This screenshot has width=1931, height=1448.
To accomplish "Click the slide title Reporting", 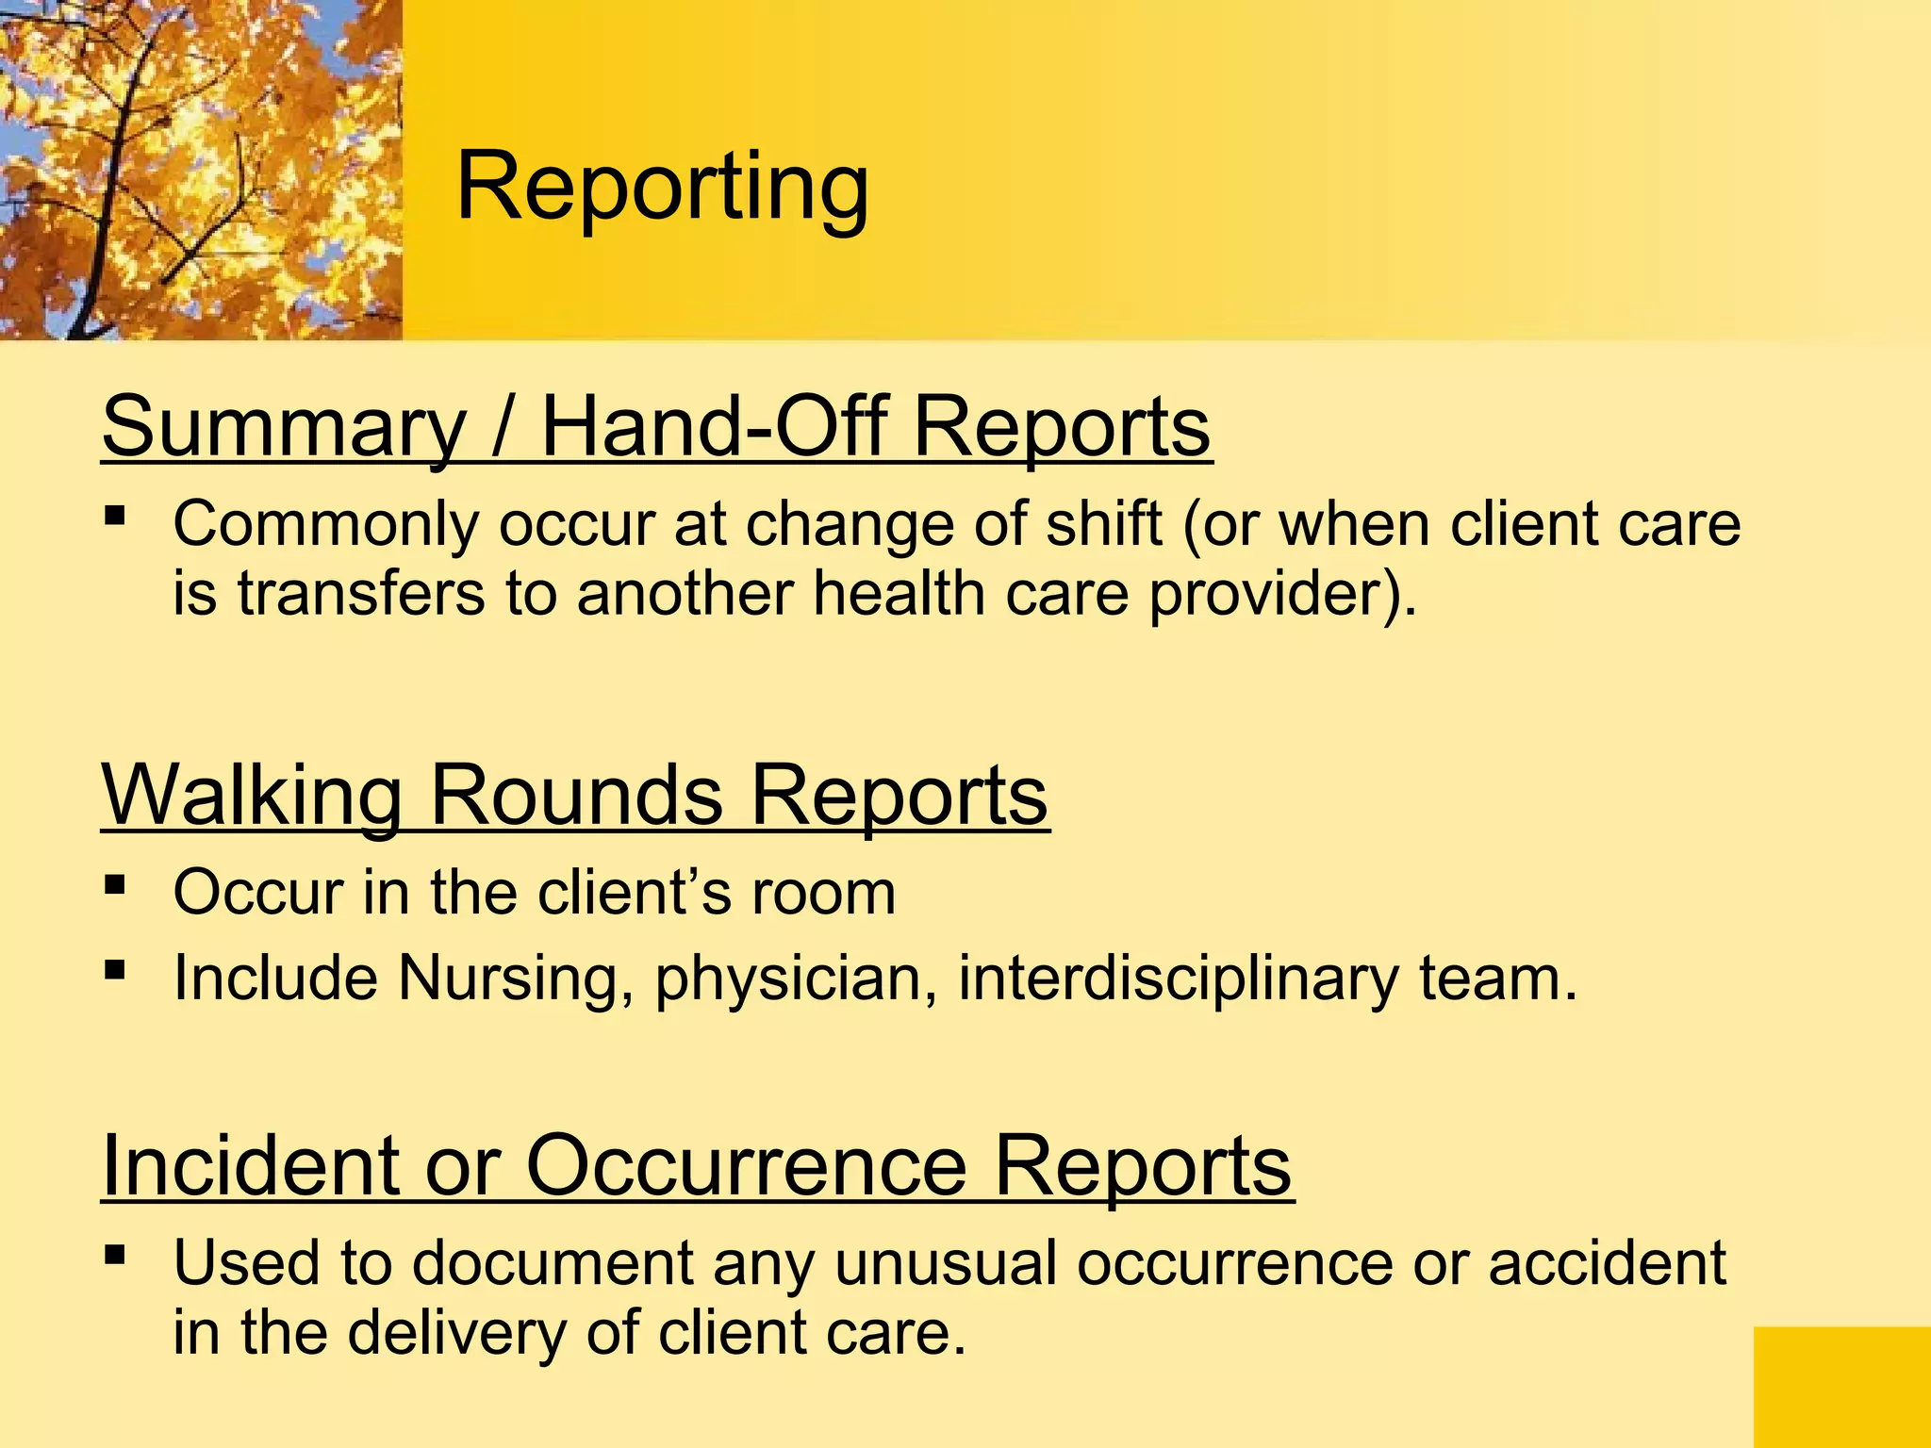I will pos(662,189).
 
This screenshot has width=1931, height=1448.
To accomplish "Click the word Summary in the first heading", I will pos(283,429).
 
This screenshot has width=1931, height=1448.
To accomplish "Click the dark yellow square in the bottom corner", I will pos(1841,1387).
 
